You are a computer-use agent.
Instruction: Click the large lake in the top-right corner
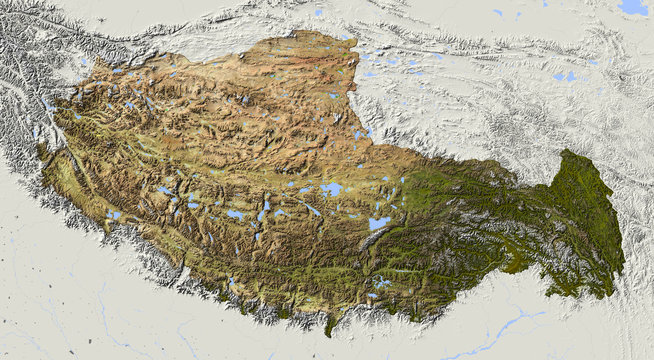pos(633,6)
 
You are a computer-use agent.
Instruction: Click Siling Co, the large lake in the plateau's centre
pos(331,188)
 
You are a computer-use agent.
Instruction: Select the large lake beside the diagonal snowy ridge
pos(379,224)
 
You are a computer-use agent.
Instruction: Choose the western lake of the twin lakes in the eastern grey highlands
pos(558,76)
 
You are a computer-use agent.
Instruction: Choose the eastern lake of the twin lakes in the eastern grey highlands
pos(571,75)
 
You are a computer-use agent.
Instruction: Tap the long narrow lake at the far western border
pos(47,103)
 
